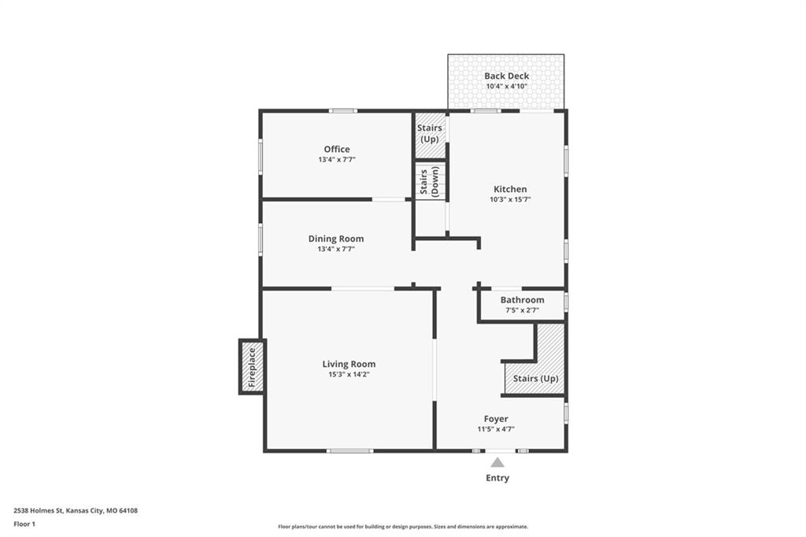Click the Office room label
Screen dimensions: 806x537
(x=337, y=149)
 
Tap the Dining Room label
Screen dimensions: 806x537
(x=336, y=239)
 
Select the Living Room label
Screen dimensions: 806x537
(x=349, y=365)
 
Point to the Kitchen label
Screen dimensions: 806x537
(x=510, y=189)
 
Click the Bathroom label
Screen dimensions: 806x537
(x=523, y=300)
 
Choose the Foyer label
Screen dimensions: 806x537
(x=496, y=419)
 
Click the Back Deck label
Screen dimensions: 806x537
(x=507, y=76)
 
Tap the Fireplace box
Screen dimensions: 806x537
(x=252, y=367)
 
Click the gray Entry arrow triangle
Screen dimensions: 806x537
(x=497, y=462)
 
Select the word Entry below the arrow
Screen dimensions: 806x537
(x=497, y=478)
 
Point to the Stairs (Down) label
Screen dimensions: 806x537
(x=430, y=181)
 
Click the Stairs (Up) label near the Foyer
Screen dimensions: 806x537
(x=535, y=379)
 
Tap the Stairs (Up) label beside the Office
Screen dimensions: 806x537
(x=430, y=133)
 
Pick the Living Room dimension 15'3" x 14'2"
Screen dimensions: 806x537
(x=349, y=375)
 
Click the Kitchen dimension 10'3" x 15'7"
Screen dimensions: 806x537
(x=510, y=199)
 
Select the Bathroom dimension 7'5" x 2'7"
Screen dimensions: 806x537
(x=523, y=310)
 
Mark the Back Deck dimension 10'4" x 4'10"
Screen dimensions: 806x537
(x=507, y=87)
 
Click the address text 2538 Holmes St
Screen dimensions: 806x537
(x=39, y=511)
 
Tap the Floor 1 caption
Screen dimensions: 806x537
(x=24, y=524)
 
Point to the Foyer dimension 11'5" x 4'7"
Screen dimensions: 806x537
(x=496, y=429)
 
